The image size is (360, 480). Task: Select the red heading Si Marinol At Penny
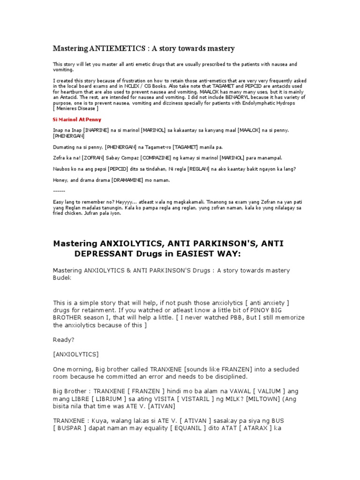point(76,120)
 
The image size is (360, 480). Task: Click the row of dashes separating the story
point(59,190)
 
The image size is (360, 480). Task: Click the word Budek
point(60,278)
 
